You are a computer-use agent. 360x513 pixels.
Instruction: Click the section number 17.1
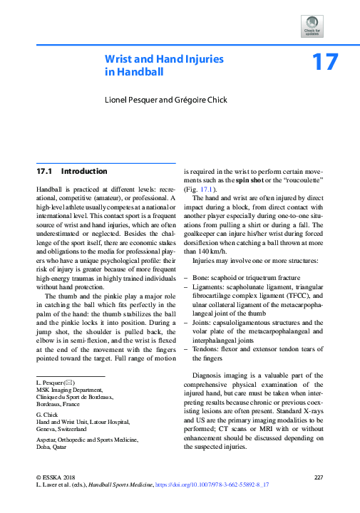coord(45,172)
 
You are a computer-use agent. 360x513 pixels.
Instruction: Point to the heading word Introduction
coord(84,172)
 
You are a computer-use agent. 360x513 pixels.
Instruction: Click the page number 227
coord(319,476)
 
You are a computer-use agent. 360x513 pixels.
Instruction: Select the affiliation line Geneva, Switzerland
coord(61,430)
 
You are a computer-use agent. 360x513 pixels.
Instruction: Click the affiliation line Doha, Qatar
coord(52,449)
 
